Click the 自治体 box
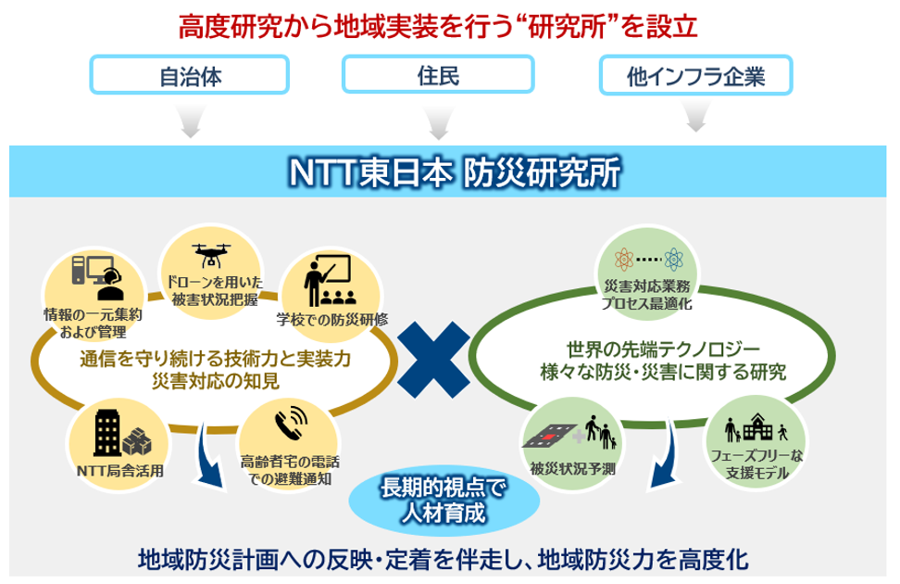point(190,75)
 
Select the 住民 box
point(438,74)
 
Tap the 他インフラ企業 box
point(695,75)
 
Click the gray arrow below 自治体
point(191,121)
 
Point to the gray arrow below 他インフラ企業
point(695,116)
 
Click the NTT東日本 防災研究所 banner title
point(455,171)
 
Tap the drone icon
point(212,255)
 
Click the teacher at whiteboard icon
point(328,281)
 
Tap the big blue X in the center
point(433,360)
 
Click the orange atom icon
point(624,260)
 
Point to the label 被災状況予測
point(573,469)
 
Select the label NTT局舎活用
point(120,471)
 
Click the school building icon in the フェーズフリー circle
point(757,427)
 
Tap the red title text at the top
point(438,27)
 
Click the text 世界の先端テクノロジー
point(664,349)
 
